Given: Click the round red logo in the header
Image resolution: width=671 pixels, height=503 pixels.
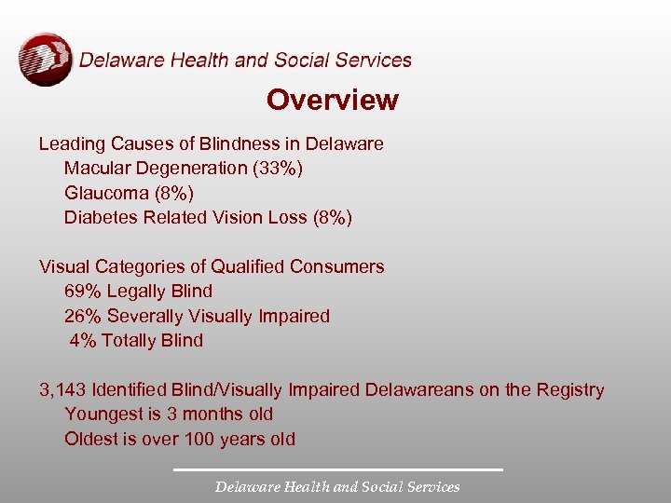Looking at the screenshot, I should point(45,60).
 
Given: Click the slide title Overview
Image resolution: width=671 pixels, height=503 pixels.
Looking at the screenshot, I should point(332,101).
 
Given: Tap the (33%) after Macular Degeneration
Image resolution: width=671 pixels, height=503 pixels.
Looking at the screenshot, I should point(278,169).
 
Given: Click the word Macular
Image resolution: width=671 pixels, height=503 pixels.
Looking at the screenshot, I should point(97,169).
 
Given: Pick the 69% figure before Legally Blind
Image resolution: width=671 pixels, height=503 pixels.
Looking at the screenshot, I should point(82,292).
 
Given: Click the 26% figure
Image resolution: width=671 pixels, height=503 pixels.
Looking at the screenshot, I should point(82,316).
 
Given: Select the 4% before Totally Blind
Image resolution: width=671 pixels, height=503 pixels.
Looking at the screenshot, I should point(83,340).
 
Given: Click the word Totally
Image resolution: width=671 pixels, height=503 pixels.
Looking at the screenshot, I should point(130,340).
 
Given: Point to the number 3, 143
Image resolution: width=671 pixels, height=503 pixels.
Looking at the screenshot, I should point(64,389).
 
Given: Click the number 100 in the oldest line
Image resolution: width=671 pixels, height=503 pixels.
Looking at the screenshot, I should point(200,439).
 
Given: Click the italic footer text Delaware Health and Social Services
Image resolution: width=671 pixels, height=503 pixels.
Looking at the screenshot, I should point(337,487).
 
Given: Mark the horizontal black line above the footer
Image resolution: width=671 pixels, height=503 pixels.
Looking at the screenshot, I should point(337,469).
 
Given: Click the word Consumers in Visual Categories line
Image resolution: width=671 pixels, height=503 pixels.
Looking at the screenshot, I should point(337,266).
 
